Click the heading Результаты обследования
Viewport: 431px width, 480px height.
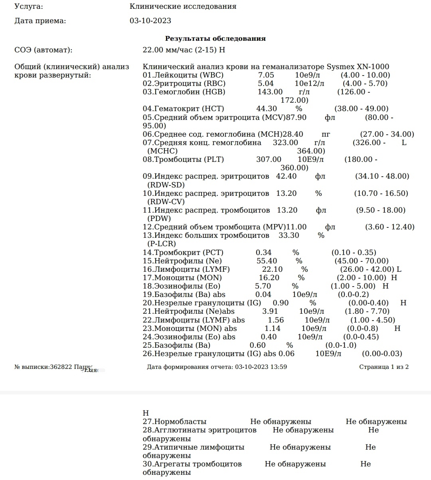click(x=215, y=39)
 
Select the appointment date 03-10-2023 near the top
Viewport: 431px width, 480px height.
click(x=150, y=21)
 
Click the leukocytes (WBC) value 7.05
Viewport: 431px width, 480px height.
click(x=266, y=75)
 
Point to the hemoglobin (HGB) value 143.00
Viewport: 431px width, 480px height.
click(x=270, y=92)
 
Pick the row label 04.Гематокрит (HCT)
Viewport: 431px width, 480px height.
click(x=183, y=109)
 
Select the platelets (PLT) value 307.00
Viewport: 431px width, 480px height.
click(x=269, y=159)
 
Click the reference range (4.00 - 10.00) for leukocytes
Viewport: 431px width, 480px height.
click(x=365, y=75)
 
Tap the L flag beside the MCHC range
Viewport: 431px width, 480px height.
click(x=404, y=143)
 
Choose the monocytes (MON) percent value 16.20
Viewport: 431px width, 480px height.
click(x=269, y=278)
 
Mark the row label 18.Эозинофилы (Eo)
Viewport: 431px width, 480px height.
click(x=181, y=286)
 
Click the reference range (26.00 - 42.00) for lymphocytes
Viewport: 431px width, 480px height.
click(x=365, y=269)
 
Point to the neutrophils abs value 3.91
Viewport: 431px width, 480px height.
click(x=270, y=311)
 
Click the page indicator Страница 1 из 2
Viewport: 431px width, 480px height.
click(x=384, y=367)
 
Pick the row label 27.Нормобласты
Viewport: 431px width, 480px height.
click(x=174, y=422)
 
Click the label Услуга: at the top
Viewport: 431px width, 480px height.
click(x=29, y=6)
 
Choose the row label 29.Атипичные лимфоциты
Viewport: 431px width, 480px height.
click(x=193, y=447)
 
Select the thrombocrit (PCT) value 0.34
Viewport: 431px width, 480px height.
click(x=263, y=253)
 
